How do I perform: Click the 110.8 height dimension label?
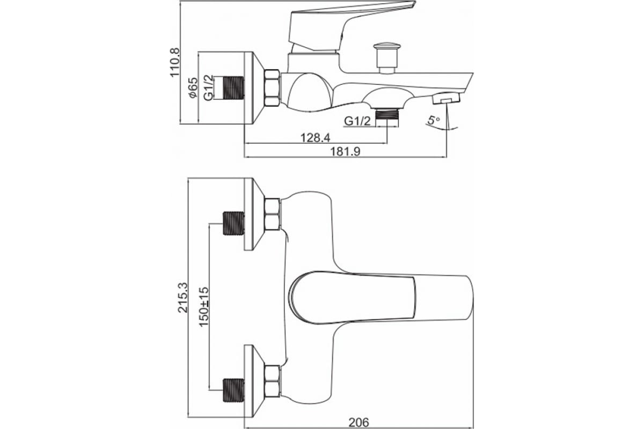click(x=175, y=62)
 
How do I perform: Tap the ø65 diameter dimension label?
click(x=193, y=87)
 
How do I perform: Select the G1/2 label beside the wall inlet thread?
click(x=209, y=87)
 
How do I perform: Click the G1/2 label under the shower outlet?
click(x=357, y=121)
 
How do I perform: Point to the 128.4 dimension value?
click(x=316, y=138)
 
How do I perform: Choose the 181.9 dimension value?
click(x=345, y=151)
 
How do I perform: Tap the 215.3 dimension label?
click(x=183, y=298)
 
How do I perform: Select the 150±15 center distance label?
click(x=204, y=307)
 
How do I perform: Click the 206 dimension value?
click(x=358, y=423)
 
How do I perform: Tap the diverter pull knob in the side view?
click(x=387, y=58)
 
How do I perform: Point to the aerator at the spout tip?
click(x=446, y=98)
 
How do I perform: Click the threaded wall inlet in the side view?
click(x=234, y=88)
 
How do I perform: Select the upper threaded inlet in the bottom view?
click(x=234, y=223)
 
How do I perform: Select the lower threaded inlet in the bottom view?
click(x=234, y=390)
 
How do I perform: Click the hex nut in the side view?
click(x=272, y=88)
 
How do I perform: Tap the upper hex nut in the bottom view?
click(x=272, y=214)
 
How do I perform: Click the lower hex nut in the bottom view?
click(x=272, y=381)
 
